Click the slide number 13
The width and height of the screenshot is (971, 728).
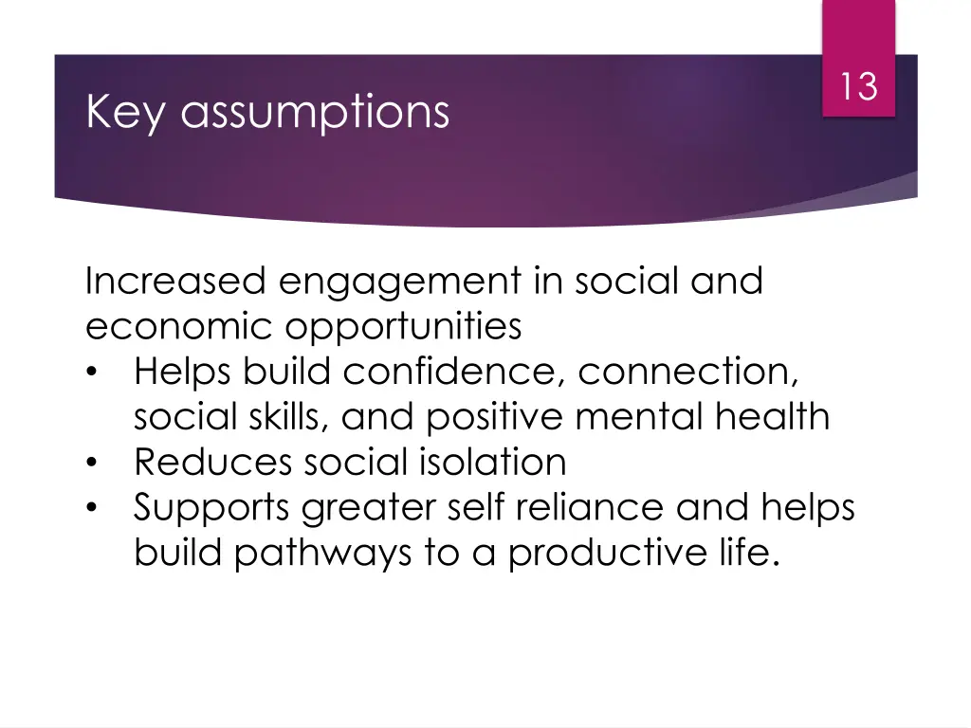[x=858, y=87]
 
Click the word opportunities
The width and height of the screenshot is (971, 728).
[x=404, y=328]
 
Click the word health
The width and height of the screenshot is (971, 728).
[x=786, y=416]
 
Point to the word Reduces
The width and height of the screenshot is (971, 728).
[x=212, y=463]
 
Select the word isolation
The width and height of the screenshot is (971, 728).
[x=491, y=463]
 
